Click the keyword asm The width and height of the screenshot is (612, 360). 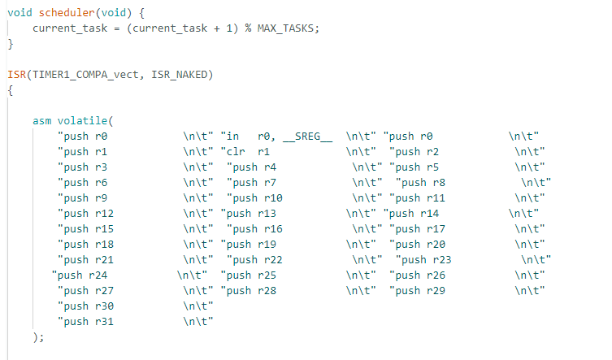point(42,120)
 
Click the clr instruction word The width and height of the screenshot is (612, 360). point(236,151)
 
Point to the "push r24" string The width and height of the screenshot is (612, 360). point(80,275)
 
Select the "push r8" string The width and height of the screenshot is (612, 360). point(423,182)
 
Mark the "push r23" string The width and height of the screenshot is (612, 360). point(423,259)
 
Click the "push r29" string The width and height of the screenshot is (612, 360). point(417,290)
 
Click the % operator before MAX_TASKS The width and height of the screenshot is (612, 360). point(248,28)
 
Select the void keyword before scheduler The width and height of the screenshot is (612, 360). point(20,13)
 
